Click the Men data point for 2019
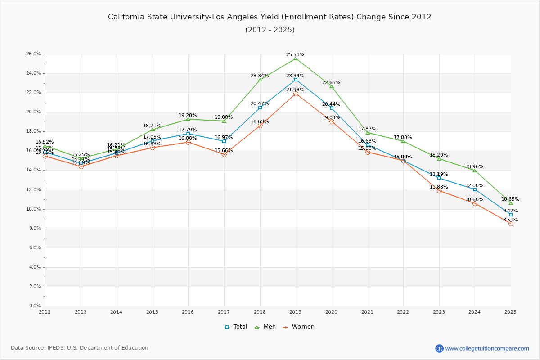tap(296, 58)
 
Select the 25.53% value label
tap(295, 55)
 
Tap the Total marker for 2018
tap(260, 108)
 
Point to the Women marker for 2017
tap(224, 154)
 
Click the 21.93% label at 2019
tap(295, 90)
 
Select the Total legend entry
tap(236, 327)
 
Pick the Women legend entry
tap(299, 327)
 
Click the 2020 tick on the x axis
tap(332, 311)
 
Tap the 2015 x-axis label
tap(152, 311)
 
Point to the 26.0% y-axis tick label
tap(34, 54)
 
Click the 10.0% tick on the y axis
tap(34, 209)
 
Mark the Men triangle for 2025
tap(511, 203)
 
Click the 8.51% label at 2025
tap(510, 220)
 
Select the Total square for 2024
tap(475, 189)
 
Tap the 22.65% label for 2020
tap(331, 83)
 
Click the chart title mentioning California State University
tap(270, 17)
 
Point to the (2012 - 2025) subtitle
tap(270, 30)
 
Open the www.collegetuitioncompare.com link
tap(487, 348)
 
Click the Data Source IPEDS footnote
tap(80, 348)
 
